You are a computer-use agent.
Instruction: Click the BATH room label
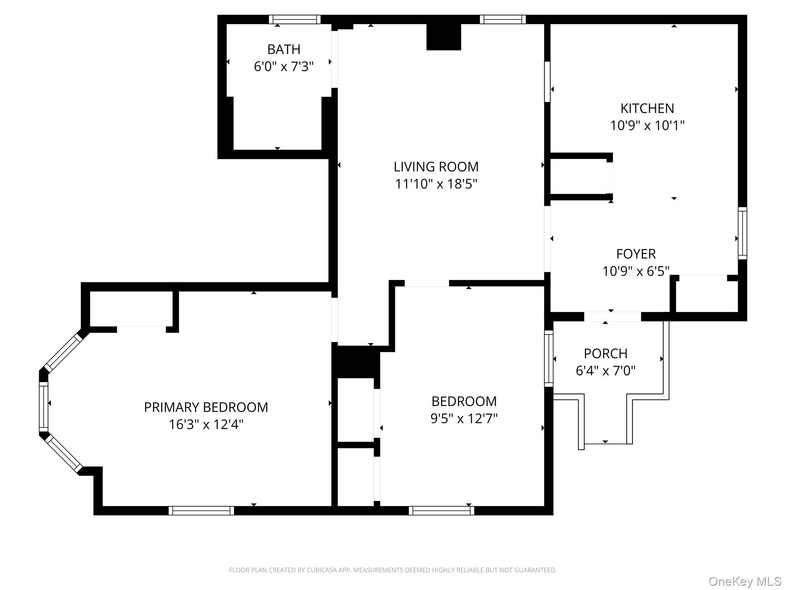pyautogui.click(x=284, y=50)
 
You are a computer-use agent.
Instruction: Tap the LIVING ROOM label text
pyautogui.click(x=436, y=167)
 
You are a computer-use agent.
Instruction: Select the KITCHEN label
pyautogui.click(x=647, y=108)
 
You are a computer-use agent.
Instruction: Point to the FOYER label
pyautogui.click(x=636, y=254)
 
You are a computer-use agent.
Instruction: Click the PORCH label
pyautogui.click(x=606, y=353)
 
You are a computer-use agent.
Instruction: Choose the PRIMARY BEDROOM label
pyautogui.click(x=206, y=407)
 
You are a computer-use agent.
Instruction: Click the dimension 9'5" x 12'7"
pyautogui.click(x=464, y=418)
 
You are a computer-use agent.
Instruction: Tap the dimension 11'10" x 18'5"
pyautogui.click(x=436, y=184)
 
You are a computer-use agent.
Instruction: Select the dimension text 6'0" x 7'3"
pyautogui.click(x=284, y=67)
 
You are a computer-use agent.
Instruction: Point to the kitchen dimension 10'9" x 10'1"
pyautogui.click(x=647, y=126)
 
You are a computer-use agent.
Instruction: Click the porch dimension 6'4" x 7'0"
pyautogui.click(x=606, y=371)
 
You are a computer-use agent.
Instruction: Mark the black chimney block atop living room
pyautogui.click(x=444, y=37)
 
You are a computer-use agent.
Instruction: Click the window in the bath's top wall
pyautogui.click(x=295, y=19)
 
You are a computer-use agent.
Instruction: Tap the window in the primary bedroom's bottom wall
pyautogui.click(x=201, y=510)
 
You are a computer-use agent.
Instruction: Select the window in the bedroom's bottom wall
pyautogui.click(x=441, y=510)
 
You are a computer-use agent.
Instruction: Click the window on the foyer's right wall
pyautogui.click(x=743, y=233)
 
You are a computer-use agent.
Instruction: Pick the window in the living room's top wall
pyautogui.click(x=503, y=19)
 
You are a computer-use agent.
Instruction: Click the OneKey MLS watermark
pyautogui.click(x=745, y=581)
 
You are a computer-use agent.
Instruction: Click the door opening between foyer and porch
pyautogui.click(x=613, y=317)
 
